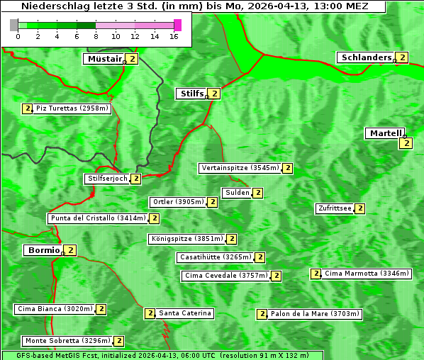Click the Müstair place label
104,59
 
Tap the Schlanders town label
366,57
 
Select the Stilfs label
191,93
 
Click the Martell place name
385,133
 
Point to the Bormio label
43,250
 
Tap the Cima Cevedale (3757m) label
225,276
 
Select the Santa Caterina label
184,313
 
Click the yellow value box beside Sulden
258,193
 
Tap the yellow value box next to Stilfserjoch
135,179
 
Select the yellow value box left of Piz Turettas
28,108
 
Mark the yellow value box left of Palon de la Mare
262,314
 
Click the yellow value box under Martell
406,143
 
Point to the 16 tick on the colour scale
173,36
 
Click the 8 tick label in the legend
96,36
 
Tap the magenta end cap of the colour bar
177,26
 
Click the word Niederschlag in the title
50,6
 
